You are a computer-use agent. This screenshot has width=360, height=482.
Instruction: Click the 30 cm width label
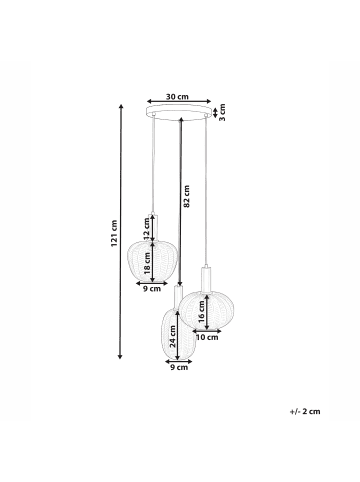point(178,98)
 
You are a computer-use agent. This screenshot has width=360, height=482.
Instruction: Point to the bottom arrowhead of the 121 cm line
point(122,356)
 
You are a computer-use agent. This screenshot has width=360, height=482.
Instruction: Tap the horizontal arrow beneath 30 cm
point(179,104)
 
